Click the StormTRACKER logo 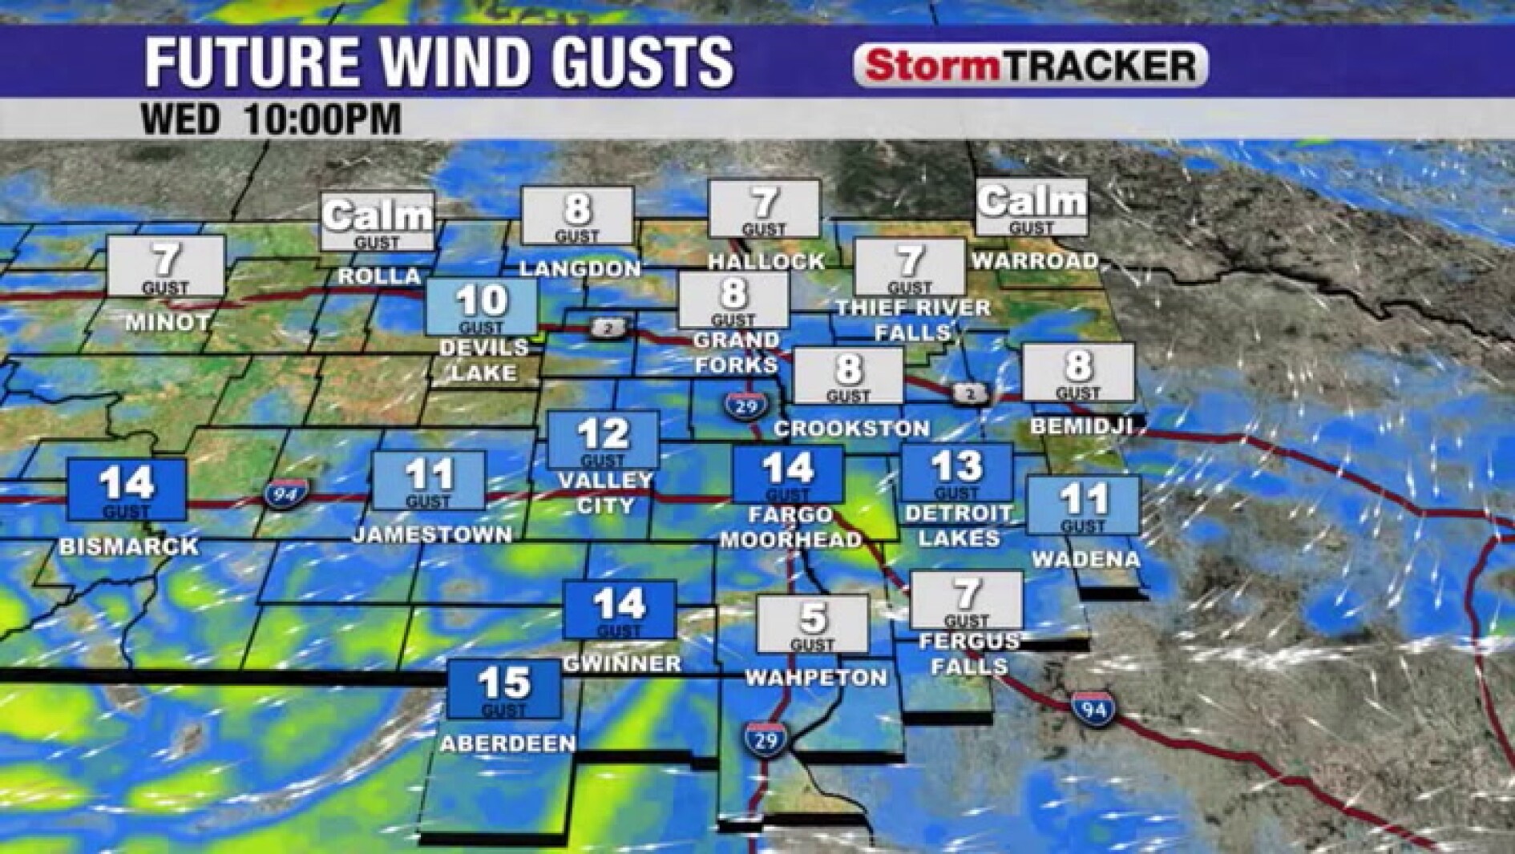click(x=1031, y=65)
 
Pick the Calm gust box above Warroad click(x=1032, y=207)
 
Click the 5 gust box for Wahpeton click(x=813, y=623)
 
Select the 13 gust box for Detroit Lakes click(x=957, y=472)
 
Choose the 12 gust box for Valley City click(x=604, y=439)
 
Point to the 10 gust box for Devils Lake click(x=482, y=306)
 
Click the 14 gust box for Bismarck click(x=127, y=489)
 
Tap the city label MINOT click(x=167, y=323)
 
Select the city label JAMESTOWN click(x=432, y=534)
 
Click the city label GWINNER click(x=622, y=663)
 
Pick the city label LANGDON click(x=580, y=268)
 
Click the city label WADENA click(x=1085, y=559)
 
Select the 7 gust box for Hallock click(x=765, y=208)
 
